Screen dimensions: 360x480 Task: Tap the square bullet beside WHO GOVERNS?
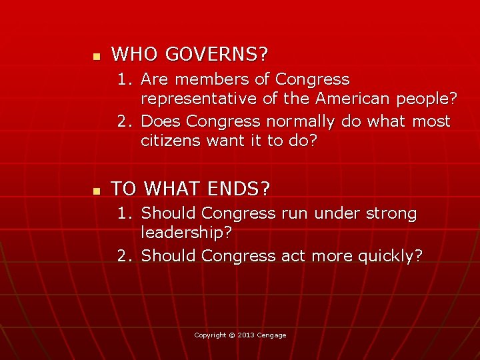pyautogui.click(x=95, y=55)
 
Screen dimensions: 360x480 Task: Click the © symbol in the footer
pyautogui.click(x=233, y=335)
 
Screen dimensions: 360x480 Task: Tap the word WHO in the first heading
pyautogui.click(x=133, y=53)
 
